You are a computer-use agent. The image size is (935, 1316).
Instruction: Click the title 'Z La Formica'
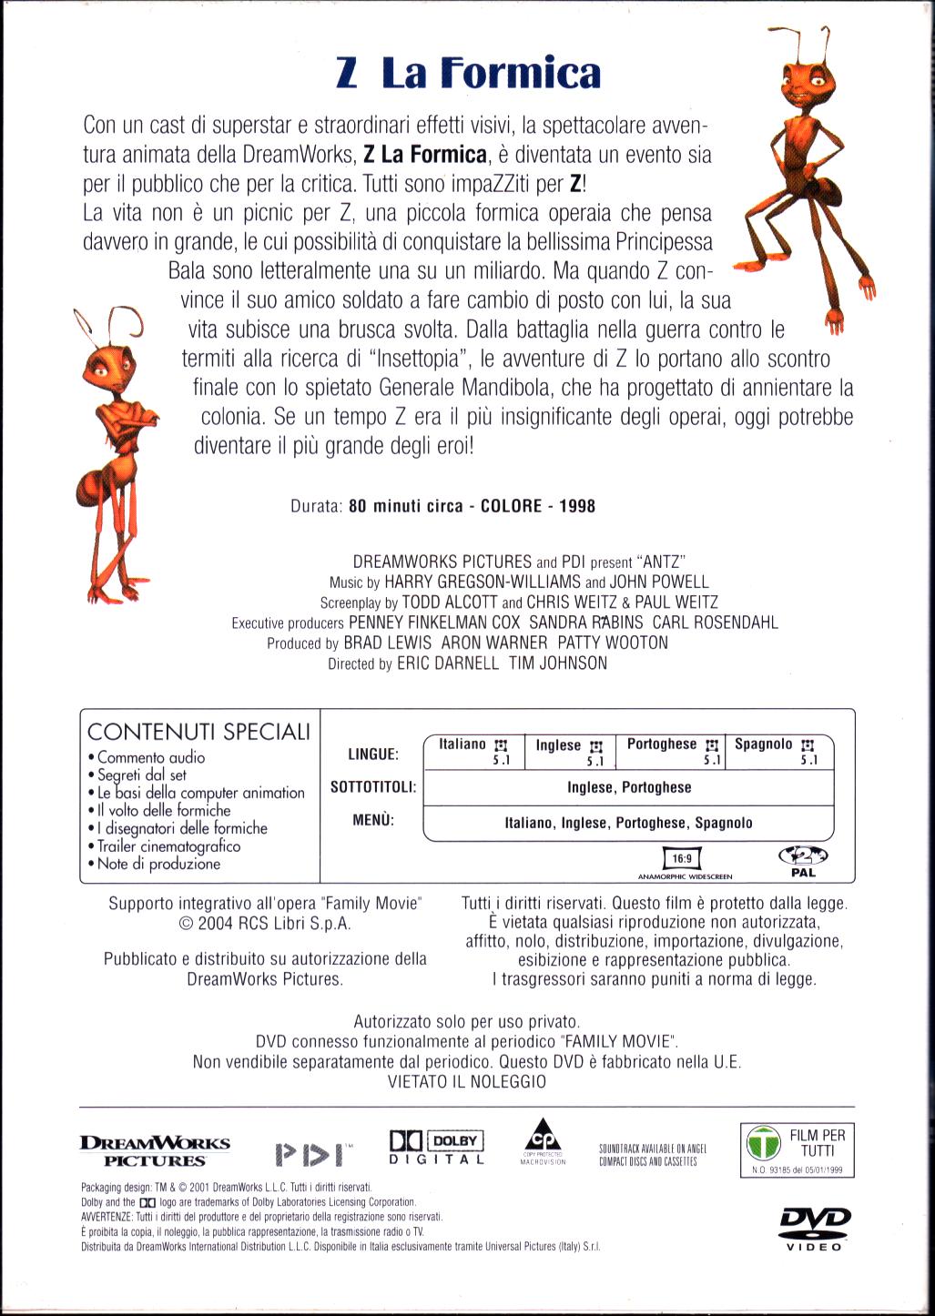[468, 74]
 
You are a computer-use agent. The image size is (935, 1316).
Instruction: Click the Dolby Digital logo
[436, 1148]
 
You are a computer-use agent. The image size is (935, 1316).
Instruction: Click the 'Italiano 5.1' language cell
[474, 751]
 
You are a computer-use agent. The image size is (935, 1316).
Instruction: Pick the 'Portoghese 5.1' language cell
[673, 751]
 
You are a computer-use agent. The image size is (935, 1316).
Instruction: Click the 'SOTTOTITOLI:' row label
[373, 787]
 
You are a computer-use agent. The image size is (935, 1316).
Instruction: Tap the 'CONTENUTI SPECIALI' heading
[198, 732]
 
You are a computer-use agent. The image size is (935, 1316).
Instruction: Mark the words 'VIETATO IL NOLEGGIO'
[467, 1082]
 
